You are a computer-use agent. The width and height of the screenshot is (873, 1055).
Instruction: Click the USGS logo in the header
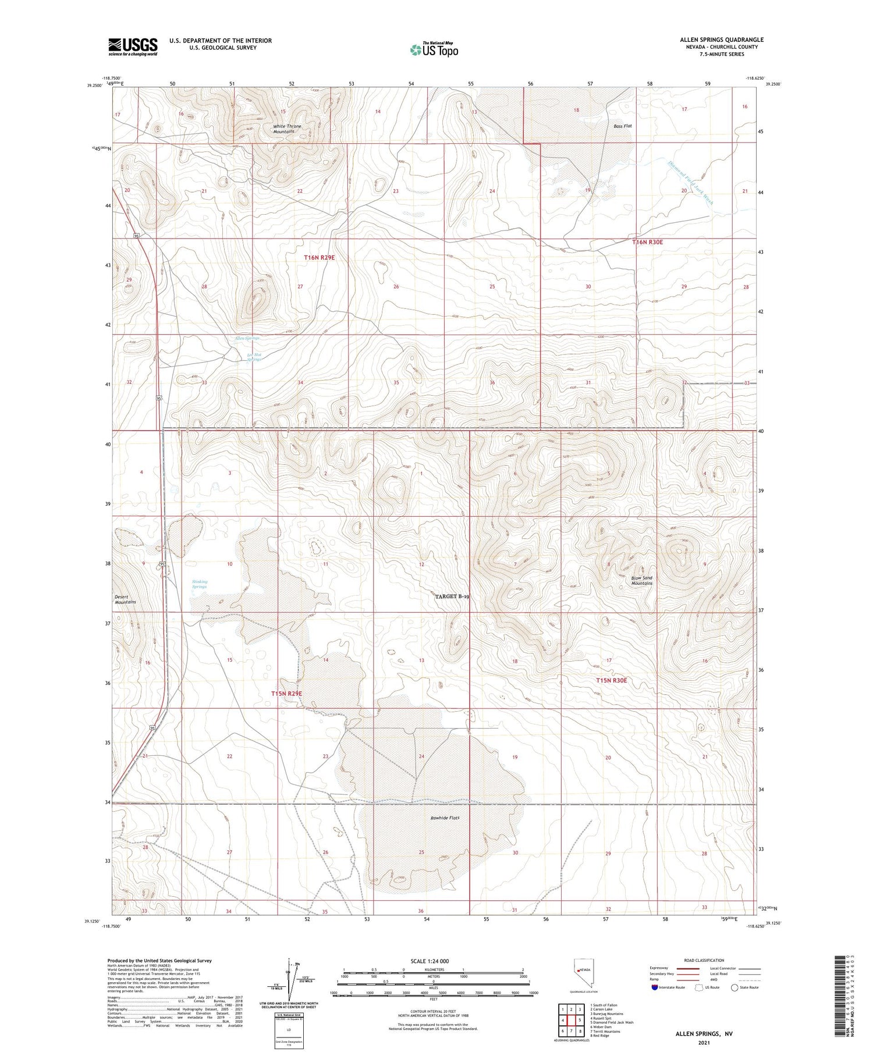point(133,47)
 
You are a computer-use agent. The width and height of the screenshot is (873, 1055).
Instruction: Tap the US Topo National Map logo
point(434,50)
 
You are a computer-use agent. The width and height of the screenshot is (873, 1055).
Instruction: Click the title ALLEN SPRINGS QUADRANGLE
point(722,40)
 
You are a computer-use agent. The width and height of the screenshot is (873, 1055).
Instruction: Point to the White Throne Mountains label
point(287,129)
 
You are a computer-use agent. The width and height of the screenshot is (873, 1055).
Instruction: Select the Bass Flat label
point(622,126)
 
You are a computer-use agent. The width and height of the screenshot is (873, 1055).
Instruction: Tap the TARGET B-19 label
point(452,596)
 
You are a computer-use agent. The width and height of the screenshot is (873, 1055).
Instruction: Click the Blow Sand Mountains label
point(642,580)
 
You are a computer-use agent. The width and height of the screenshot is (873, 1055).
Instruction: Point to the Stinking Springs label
point(200,584)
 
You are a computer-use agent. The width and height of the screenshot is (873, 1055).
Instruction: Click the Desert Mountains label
point(125,599)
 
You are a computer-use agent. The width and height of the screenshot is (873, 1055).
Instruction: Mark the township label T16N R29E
point(319,257)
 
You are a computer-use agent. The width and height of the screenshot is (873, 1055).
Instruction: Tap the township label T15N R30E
point(611,680)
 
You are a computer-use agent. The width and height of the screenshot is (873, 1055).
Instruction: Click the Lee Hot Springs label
point(254,357)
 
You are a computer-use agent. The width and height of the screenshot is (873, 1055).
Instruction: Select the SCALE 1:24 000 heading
point(430,961)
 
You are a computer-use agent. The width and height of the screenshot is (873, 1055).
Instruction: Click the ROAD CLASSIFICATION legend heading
point(704,960)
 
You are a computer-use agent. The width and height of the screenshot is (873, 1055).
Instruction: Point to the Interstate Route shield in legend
point(655,987)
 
